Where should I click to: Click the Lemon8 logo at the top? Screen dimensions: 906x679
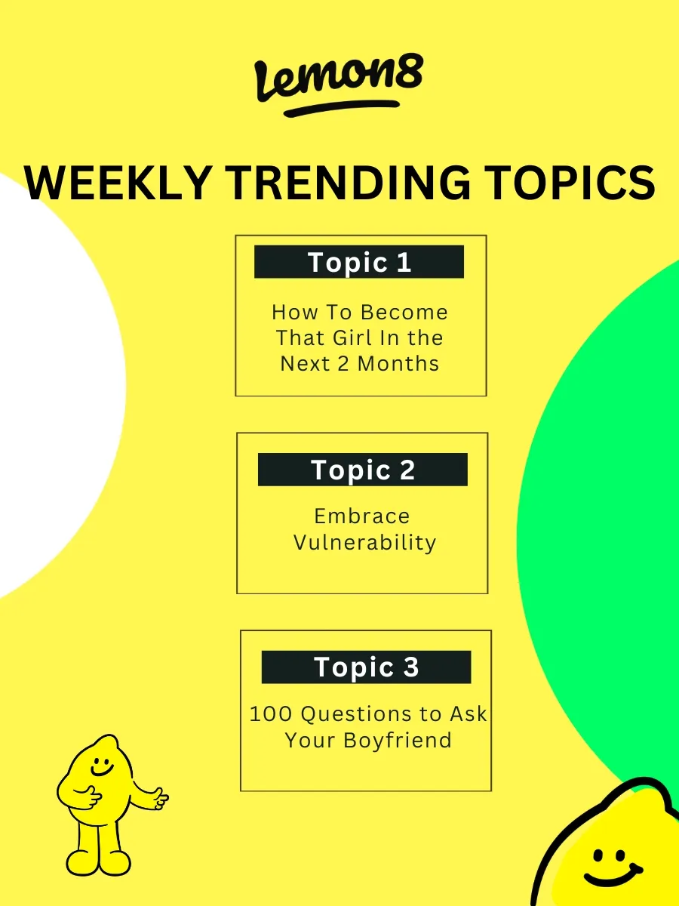coord(339,79)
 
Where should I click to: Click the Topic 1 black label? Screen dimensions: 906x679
coord(359,262)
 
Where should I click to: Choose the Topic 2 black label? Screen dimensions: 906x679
coord(363,470)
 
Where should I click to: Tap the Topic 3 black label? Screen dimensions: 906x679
coord(366,667)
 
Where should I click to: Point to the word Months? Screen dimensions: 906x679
coord(398,363)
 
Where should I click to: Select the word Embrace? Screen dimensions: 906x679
coord(362,516)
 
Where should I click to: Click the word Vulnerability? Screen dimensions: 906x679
coord(364,543)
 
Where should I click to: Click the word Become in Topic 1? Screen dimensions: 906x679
coord(404,312)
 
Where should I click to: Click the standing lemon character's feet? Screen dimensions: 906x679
coord(98,861)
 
